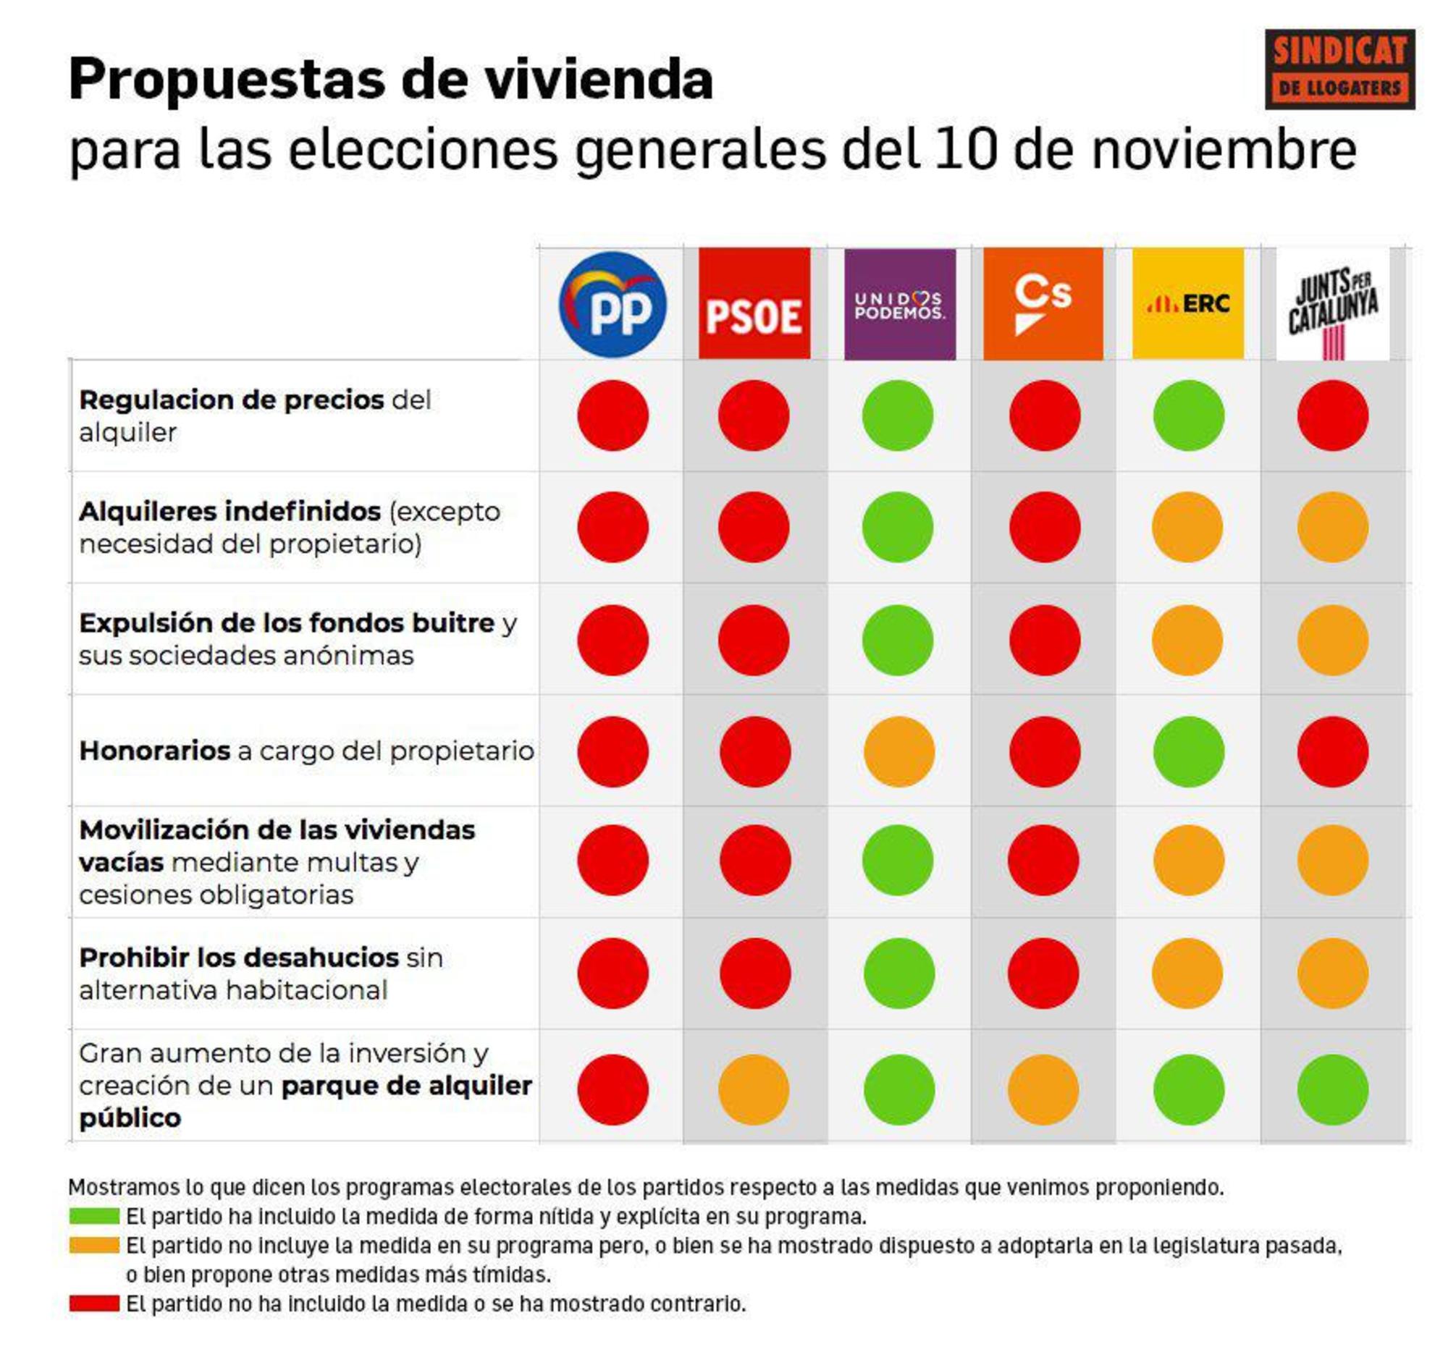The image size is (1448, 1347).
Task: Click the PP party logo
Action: pyautogui.click(x=613, y=304)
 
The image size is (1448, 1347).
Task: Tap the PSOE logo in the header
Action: pyautogui.click(x=754, y=303)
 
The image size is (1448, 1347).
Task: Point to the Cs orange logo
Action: pyautogui.click(x=1043, y=303)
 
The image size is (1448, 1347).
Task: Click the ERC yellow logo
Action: pyautogui.click(x=1188, y=303)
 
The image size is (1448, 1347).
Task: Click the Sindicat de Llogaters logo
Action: pyautogui.click(x=1339, y=69)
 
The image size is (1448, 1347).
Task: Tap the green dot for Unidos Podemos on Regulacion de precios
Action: pyautogui.click(x=897, y=415)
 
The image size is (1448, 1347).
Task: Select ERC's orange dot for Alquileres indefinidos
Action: pyautogui.click(x=1187, y=527)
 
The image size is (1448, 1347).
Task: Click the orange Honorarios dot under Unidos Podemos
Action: pyautogui.click(x=898, y=751)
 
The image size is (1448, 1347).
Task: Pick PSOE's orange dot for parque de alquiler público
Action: pyautogui.click(x=754, y=1090)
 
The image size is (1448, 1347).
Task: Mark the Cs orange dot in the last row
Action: pyautogui.click(x=1043, y=1090)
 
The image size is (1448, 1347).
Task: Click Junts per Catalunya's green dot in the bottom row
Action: pyautogui.click(x=1333, y=1090)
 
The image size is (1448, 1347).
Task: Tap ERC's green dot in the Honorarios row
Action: pyautogui.click(x=1189, y=751)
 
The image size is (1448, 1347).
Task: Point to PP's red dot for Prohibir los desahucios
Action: pyautogui.click(x=613, y=974)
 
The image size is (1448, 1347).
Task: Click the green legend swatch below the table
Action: pyautogui.click(x=94, y=1216)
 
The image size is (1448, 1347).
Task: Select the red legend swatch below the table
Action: pyautogui.click(x=94, y=1304)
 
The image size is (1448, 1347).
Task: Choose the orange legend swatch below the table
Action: pyautogui.click(x=94, y=1245)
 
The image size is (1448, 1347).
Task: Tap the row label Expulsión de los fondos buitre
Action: pyautogui.click(x=287, y=623)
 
